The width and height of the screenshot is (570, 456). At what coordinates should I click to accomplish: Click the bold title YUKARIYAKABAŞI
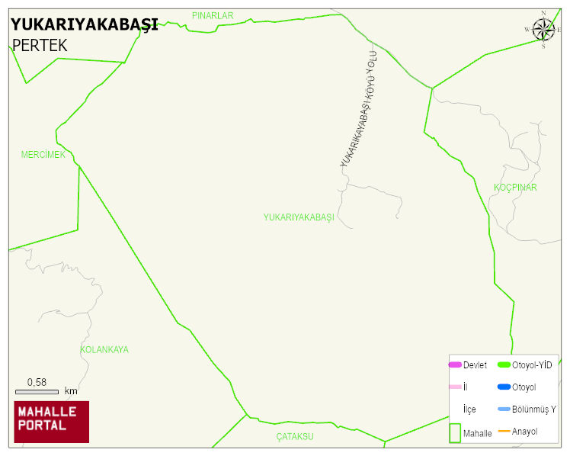tap(85, 24)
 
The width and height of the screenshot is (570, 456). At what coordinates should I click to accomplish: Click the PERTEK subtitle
tap(40, 46)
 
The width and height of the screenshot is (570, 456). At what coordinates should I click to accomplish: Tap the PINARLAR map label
tap(213, 15)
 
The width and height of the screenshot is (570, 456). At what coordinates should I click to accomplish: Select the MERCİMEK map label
tap(43, 155)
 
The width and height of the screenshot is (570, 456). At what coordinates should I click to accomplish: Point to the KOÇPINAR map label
tap(515, 188)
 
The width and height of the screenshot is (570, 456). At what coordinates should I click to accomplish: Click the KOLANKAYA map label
tap(104, 350)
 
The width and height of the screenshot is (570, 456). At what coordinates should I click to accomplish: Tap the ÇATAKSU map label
tap(295, 437)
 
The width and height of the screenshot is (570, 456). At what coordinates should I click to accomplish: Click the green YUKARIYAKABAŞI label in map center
tap(299, 217)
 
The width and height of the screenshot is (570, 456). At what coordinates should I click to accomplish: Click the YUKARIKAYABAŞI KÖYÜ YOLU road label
tap(359, 114)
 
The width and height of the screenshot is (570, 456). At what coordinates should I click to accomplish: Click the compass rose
tap(543, 30)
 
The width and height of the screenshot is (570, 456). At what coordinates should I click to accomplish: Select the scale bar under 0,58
tap(37, 391)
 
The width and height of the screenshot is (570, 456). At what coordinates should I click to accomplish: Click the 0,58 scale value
tap(37, 382)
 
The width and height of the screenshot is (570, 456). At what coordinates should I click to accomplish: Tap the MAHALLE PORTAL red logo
tap(51, 422)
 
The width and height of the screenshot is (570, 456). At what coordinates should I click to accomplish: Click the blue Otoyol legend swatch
tap(504, 387)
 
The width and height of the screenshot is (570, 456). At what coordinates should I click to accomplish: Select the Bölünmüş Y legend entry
tap(533, 409)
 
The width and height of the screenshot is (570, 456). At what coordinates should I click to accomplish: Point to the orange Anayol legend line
tap(504, 432)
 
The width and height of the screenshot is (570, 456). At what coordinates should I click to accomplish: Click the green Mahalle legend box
tap(455, 432)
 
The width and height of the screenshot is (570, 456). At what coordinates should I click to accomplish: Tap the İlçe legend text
tap(469, 409)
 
